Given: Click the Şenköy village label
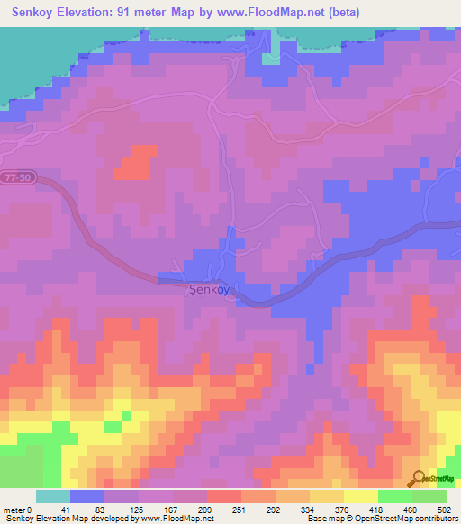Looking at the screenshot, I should (211, 291).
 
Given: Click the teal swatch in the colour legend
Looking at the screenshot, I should (53, 497).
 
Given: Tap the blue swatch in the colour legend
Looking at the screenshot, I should (87, 497).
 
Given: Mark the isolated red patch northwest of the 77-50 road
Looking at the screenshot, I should (135, 162).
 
